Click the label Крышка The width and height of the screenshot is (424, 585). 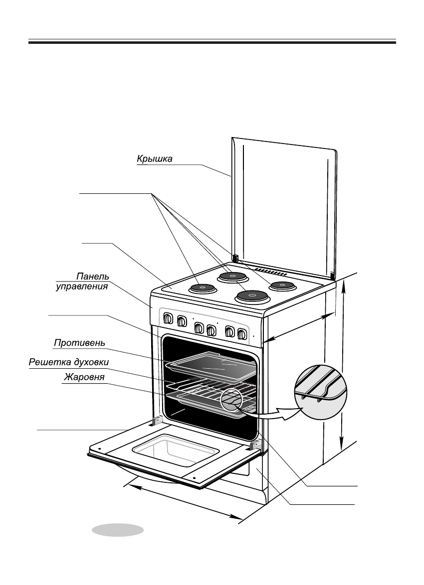tap(155, 159)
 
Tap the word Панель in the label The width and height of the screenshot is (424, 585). tap(93, 277)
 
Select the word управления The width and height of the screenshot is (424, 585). tap(82, 287)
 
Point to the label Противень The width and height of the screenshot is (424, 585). tap(80, 342)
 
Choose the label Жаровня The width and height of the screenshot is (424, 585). tap(84, 377)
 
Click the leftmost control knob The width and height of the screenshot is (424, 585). tap(168, 318)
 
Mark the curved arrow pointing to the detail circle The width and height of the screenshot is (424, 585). tap(269, 414)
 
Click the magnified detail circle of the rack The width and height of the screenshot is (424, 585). tap(321, 392)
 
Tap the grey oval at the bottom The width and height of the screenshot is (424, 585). tap(118, 530)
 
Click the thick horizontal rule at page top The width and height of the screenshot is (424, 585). tap(212, 42)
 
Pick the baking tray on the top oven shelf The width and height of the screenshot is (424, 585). tap(212, 367)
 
